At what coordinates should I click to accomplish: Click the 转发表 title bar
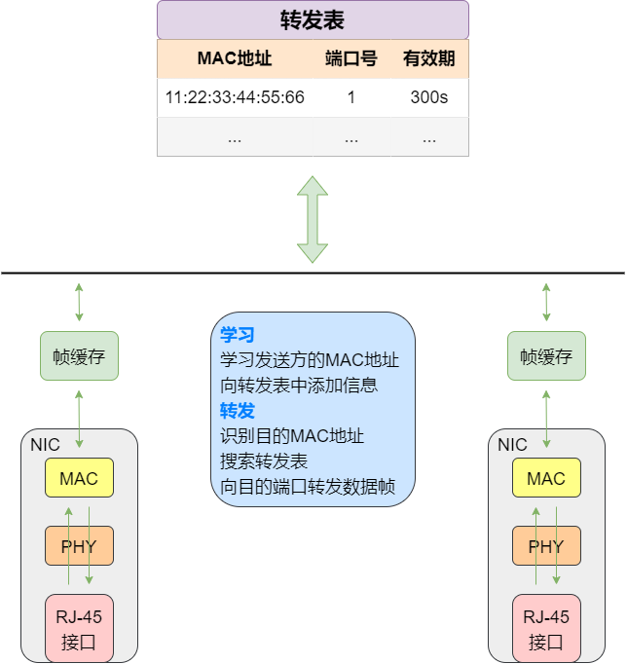point(313,20)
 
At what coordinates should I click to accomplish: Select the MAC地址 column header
point(235,59)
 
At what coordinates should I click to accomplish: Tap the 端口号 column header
point(350,59)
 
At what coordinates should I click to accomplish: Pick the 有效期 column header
point(428,59)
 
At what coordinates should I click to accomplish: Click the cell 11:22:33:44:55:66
point(235,97)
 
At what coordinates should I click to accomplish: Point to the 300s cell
point(428,97)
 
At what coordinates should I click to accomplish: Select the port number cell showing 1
point(350,97)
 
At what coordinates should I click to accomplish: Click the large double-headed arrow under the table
point(313,219)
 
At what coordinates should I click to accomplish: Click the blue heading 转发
point(237,411)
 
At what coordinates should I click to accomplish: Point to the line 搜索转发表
point(264,461)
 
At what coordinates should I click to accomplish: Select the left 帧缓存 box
point(79,355)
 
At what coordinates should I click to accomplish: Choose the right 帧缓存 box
point(546,355)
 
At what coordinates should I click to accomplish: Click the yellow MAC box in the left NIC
point(79,478)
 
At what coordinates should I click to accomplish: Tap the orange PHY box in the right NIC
point(546,546)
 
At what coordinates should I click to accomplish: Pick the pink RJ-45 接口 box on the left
point(79,628)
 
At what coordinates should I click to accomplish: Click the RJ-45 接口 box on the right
point(546,628)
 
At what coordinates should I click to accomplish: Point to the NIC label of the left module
point(45,445)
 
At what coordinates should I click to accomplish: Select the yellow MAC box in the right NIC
point(546,478)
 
